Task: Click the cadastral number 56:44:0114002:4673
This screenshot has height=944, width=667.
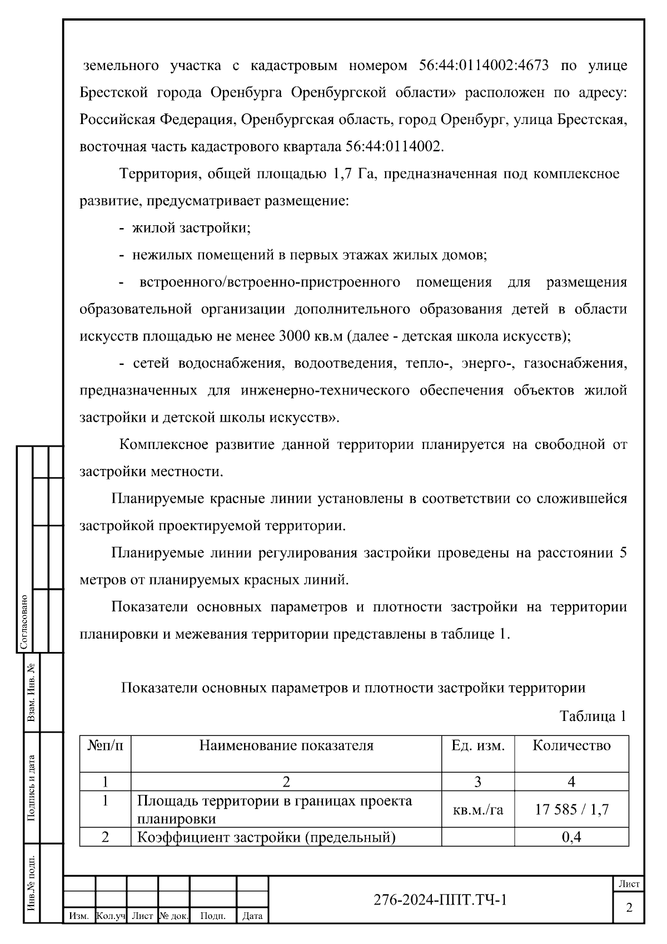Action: coord(484,66)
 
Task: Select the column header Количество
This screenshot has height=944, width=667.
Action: coord(571,746)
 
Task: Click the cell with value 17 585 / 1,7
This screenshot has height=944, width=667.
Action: coord(571,809)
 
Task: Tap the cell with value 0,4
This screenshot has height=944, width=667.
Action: coord(571,837)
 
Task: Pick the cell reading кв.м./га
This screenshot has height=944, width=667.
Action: coord(478,809)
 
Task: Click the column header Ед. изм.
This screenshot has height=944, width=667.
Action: coord(478,746)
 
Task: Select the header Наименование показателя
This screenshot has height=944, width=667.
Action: coord(286,746)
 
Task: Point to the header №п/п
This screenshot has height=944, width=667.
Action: coord(105,746)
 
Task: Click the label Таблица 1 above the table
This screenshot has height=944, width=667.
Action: coord(593,716)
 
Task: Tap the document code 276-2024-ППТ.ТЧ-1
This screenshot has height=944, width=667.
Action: coord(440,899)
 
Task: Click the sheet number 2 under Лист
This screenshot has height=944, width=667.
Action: coord(629,908)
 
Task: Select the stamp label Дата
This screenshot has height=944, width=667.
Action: coord(252,916)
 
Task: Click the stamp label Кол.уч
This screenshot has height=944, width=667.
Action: coord(111,916)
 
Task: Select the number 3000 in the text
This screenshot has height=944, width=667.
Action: coord(296,337)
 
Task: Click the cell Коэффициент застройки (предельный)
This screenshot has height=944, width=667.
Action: coord(266,837)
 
